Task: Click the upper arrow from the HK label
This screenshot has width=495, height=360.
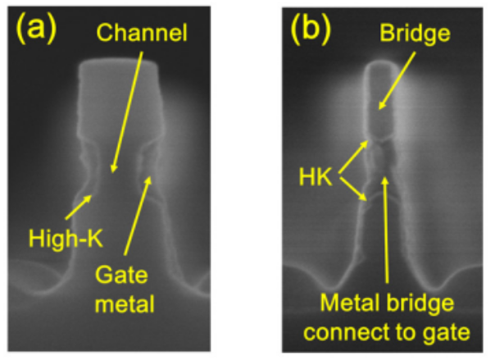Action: (x=354, y=152)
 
